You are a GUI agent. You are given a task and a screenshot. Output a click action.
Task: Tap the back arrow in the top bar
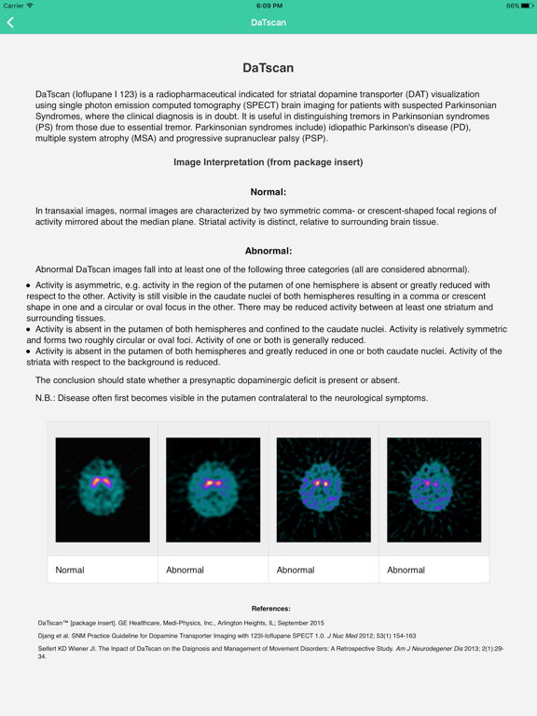tap(11, 22)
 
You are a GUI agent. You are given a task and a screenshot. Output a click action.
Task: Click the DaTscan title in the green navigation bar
tap(268, 22)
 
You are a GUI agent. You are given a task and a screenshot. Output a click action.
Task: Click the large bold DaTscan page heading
tap(268, 68)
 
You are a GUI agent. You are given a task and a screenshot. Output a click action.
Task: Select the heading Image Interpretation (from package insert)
tap(268, 162)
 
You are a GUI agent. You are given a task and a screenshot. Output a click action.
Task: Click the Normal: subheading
tap(268, 192)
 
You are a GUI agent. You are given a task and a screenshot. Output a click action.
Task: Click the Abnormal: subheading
tap(268, 251)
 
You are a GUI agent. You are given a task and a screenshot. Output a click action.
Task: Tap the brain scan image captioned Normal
tap(103, 489)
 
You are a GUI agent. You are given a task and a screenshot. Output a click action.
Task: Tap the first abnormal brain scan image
tap(213, 489)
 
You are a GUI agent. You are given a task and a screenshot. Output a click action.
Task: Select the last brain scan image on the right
tap(434, 489)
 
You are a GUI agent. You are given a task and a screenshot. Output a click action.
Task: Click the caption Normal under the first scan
tap(70, 570)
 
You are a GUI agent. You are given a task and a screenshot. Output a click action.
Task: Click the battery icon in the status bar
tap(527, 6)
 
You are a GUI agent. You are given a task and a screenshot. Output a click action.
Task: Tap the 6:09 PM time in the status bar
tap(268, 6)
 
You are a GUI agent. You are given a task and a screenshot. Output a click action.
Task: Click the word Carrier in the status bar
tap(14, 6)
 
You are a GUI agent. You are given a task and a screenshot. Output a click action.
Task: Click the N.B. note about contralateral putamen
tap(231, 398)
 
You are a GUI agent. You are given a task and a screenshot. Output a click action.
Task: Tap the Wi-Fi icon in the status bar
tap(31, 6)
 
